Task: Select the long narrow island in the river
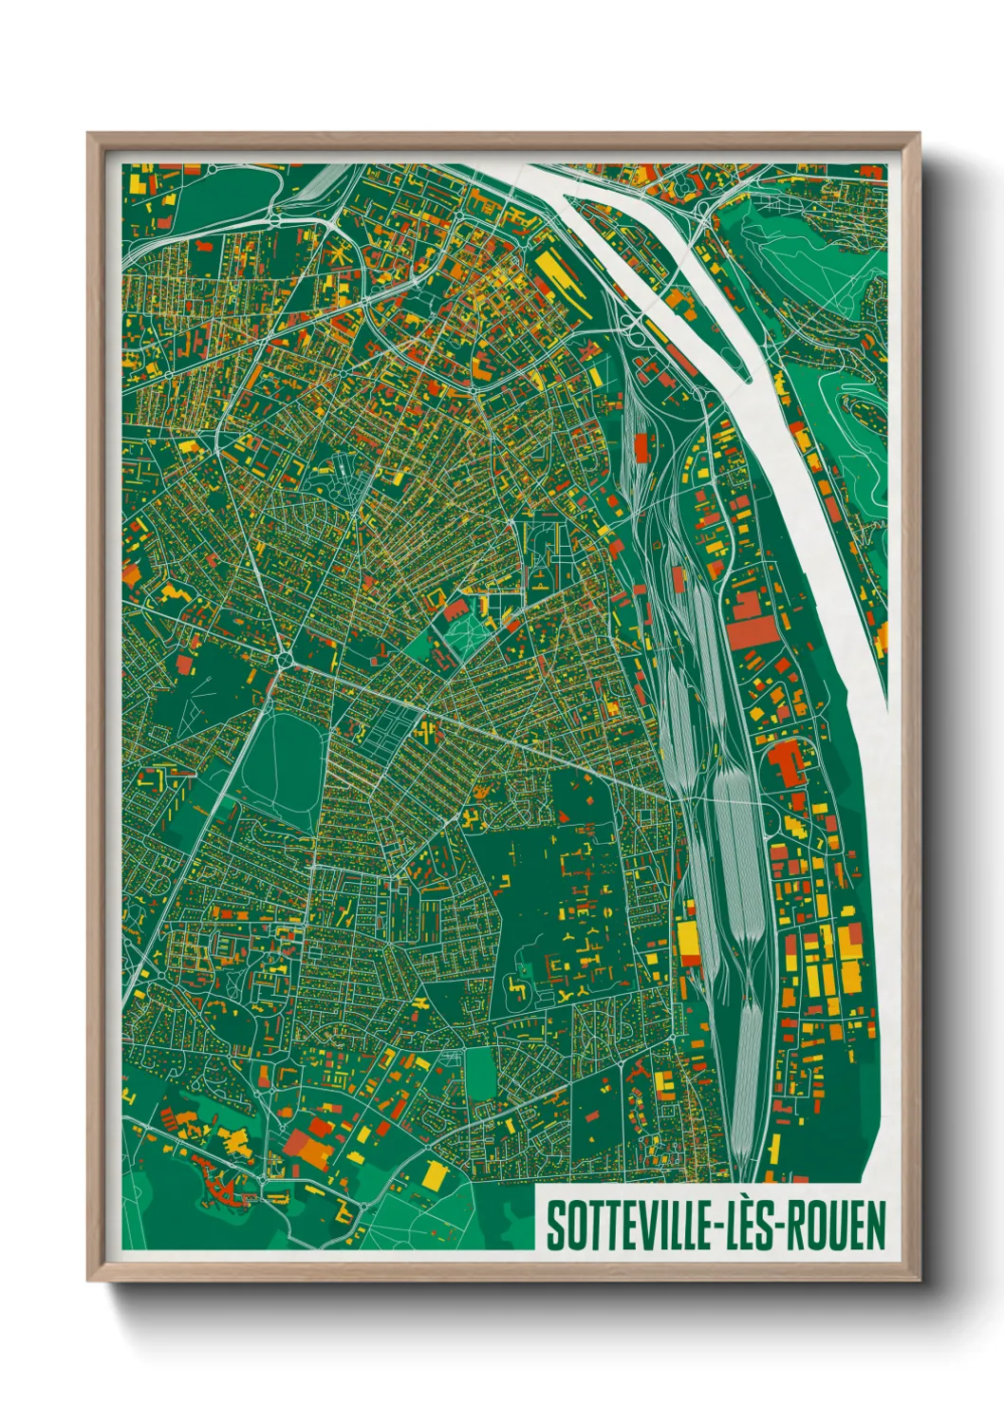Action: click(x=664, y=275)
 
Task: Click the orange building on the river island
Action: click(x=679, y=297)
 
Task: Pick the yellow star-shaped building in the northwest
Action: click(x=339, y=257)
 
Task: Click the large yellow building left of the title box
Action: click(x=434, y=1173)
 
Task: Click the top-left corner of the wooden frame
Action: click(x=88, y=134)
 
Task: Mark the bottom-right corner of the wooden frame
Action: click(x=920, y=1280)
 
